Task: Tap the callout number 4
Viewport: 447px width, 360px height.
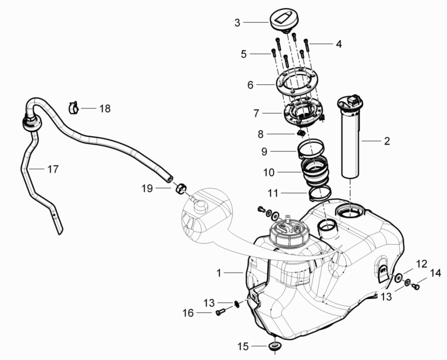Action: click(x=338, y=44)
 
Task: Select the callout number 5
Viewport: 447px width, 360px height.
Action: click(x=244, y=53)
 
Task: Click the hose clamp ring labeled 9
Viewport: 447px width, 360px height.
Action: click(x=312, y=150)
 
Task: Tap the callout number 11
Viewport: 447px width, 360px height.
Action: click(x=273, y=193)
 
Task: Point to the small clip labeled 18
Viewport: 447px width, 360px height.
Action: click(x=74, y=108)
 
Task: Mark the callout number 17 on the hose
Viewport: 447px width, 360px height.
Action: click(x=53, y=168)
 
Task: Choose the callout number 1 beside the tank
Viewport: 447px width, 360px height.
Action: click(x=219, y=272)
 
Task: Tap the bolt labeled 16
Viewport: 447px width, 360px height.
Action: click(x=221, y=312)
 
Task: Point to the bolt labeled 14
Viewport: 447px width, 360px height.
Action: click(x=415, y=285)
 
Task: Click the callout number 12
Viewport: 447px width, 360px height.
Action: click(x=422, y=264)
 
